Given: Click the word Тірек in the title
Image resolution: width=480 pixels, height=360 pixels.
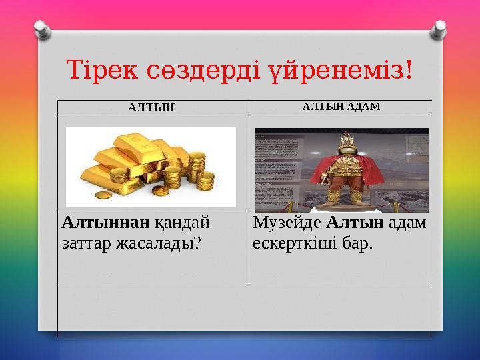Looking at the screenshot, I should [x=101, y=69].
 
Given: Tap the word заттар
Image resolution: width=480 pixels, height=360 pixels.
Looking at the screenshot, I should [x=83, y=243].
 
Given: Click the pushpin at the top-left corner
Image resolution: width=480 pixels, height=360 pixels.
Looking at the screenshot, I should [x=42, y=30].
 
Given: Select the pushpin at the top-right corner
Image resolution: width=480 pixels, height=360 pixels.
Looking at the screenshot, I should [x=438, y=29].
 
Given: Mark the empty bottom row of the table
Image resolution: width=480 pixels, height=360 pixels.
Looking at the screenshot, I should [x=244, y=309].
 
